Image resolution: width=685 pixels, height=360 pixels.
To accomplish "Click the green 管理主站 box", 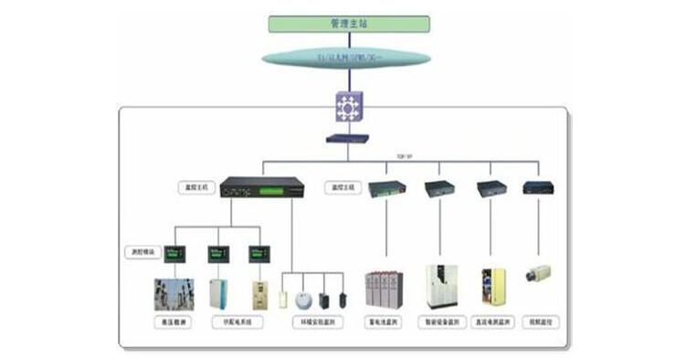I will pos(349,24).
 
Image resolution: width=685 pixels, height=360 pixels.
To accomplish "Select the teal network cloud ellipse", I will pos(346,58).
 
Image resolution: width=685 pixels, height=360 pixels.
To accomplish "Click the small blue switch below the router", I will pos(347,140).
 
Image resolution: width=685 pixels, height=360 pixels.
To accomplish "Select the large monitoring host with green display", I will pos(266,188).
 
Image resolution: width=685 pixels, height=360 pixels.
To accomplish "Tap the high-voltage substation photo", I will pos(174,291).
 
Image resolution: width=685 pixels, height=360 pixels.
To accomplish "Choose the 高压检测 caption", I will pos(174,323).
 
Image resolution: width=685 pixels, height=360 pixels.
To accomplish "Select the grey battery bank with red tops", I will pos(385,289).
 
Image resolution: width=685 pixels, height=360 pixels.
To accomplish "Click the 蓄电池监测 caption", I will pos(385,323).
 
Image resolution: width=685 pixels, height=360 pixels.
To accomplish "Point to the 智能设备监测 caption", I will pos(441,323).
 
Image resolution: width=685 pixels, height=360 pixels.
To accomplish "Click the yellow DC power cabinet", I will pos(492,287).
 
